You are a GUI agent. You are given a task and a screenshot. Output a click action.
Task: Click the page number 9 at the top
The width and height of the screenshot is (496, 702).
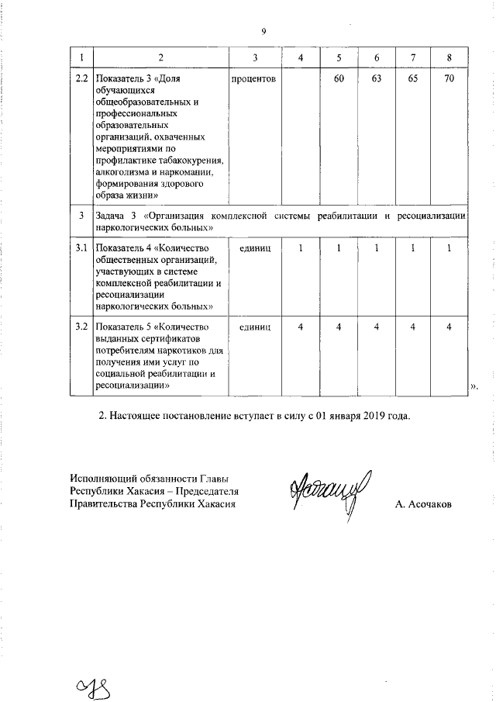tap(263, 32)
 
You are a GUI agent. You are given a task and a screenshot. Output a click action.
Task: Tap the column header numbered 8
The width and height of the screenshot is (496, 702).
tap(449, 59)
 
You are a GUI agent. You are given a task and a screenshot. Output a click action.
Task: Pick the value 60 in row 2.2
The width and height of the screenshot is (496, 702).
tap(339, 79)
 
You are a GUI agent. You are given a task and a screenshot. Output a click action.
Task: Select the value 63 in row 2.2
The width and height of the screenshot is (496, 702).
tap(376, 79)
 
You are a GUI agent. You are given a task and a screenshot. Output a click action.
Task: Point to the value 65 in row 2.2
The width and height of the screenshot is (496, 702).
tap(412, 79)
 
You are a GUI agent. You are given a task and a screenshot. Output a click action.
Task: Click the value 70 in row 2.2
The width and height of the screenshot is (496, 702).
tap(449, 79)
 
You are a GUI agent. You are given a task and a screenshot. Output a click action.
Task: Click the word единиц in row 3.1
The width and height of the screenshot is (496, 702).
tap(255, 247)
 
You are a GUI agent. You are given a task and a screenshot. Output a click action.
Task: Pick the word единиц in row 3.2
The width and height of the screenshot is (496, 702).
tap(255, 326)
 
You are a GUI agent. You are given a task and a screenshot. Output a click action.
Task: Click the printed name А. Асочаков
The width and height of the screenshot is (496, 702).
tap(423, 505)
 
